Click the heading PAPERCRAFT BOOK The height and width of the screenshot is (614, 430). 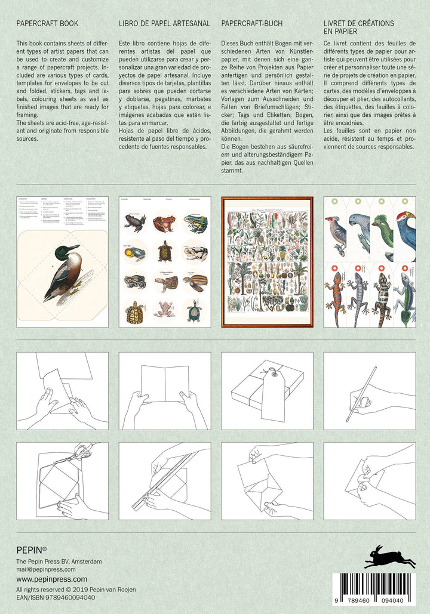47,24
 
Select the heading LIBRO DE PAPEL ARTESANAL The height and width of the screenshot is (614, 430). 164,24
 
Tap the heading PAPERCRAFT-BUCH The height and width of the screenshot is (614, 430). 251,24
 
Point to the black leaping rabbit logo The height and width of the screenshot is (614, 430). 389,557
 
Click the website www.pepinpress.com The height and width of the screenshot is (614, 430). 52,579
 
